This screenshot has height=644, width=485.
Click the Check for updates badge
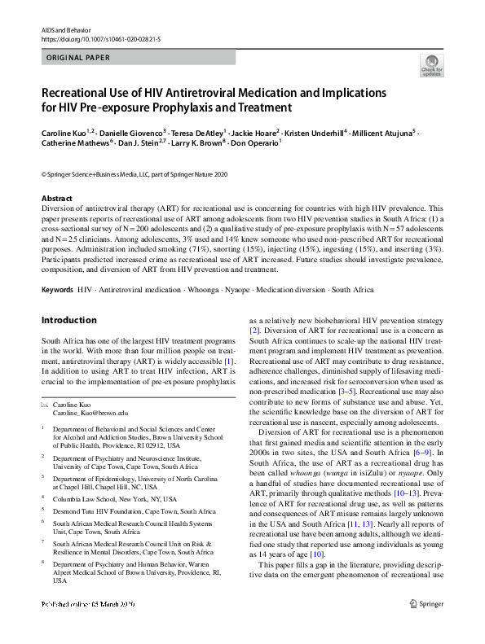tap(431, 66)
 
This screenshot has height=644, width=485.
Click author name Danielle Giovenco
tap(131, 131)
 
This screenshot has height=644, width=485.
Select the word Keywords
tap(57, 289)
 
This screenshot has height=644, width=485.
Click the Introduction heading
tap(69, 321)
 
